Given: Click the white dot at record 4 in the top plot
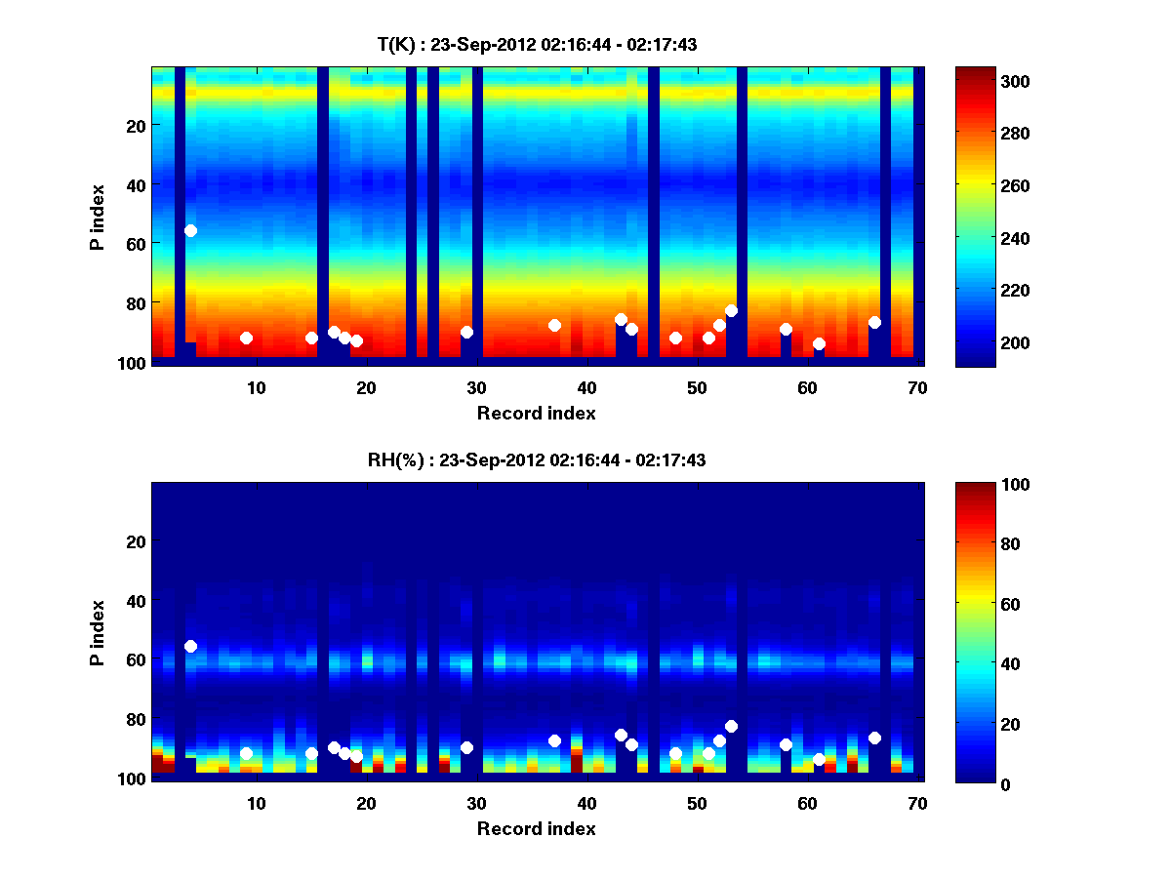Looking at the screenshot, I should tap(190, 230).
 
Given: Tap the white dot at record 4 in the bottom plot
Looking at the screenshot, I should tap(190, 646).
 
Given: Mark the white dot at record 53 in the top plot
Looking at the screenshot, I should tap(731, 310).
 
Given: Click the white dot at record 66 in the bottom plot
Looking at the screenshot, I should tap(874, 738).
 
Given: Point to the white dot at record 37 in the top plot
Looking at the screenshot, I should tap(554, 325).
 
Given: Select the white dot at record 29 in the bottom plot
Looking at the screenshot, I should tap(466, 747).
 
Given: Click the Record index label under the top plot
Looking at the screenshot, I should tap(537, 413).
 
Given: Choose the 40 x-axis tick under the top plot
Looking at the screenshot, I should tap(587, 387).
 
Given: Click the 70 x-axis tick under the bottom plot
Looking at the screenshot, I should tap(917, 803).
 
